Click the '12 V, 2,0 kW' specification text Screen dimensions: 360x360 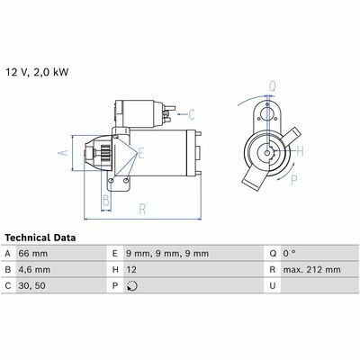click(x=37, y=72)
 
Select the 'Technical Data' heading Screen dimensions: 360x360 click(x=40, y=238)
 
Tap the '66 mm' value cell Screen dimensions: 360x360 click(x=33, y=254)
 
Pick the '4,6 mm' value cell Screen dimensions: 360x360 click(x=34, y=270)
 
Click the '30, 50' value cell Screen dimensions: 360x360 click(x=32, y=285)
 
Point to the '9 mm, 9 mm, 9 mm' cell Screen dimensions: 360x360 click(x=167, y=254)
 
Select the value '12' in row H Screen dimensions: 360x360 click(x=131, y=270)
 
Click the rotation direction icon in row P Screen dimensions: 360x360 click(x=132, y=286)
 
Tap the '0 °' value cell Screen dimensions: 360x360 click(x=289, y=254)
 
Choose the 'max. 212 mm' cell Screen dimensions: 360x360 click(x=312, y=270)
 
